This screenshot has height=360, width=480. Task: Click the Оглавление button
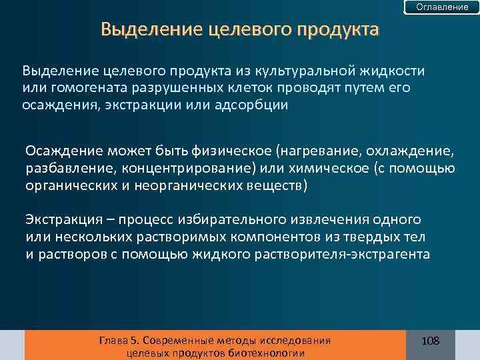[x=442, y=7]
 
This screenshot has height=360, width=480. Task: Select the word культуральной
[x=332, y=70]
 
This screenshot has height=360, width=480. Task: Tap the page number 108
[x=431, y=341]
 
